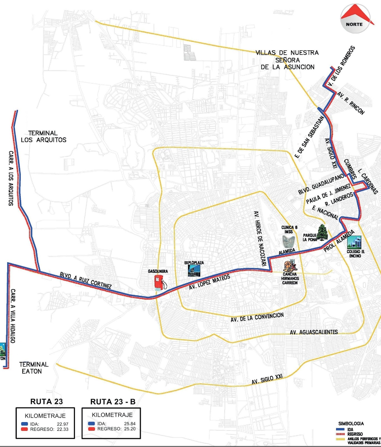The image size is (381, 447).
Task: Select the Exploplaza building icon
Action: click(x=194, y=270)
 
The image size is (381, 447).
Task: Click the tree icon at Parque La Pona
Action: click(x=323, y=232)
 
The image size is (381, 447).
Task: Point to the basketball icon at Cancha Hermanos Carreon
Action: click(x=289, y=266)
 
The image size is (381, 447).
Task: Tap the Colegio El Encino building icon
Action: click(x=354, y=242)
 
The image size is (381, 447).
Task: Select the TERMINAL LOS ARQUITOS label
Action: click(x=43, y=137)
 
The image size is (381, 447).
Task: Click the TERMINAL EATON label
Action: click(x=34, y=368)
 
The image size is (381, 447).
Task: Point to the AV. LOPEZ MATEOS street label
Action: click(x=210, y=282)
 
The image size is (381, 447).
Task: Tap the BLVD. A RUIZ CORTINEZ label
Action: click(x=86, y=280)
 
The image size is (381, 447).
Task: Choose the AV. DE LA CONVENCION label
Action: click(x=257, y=317)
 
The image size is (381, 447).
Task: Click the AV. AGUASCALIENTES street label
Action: click(x=314, y=332)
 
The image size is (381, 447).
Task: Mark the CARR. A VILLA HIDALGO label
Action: click(x=13, y=316)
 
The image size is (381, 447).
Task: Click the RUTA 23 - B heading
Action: click(x=113, y=402)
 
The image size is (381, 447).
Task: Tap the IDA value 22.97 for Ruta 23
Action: click(x=63, y=424)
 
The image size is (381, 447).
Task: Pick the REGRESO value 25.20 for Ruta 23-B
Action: click(x=130, y=429)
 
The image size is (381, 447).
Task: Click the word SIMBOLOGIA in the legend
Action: click(x=351, y=424)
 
